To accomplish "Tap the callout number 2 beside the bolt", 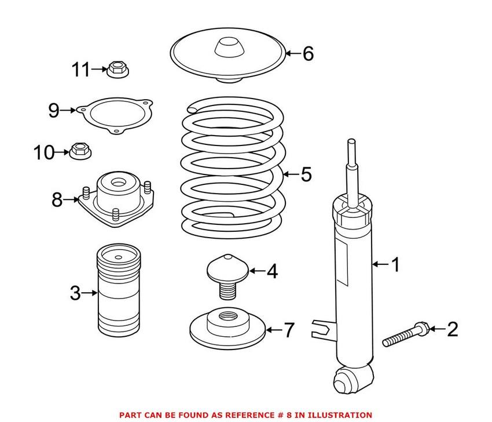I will (452, 330).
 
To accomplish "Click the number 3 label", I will (75, 293).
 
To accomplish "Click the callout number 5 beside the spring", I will (306, 173).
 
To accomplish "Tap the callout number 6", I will (308, 54).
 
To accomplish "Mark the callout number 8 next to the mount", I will (57, 200).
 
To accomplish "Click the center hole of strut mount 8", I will (119, 184).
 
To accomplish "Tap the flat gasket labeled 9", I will (116, 115).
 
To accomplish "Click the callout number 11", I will (82, 71).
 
